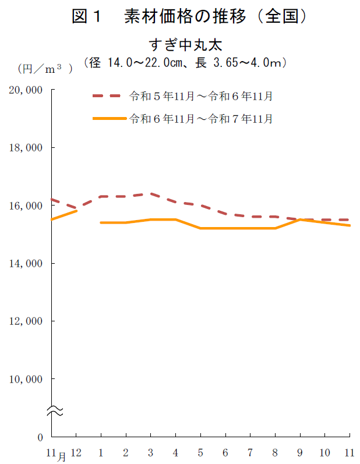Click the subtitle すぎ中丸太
185,44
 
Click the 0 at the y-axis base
40,437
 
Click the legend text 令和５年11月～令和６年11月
201,96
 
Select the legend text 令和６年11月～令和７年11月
201,119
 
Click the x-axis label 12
76,452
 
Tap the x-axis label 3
151,452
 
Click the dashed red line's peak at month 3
151,194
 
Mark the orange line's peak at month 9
300,219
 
